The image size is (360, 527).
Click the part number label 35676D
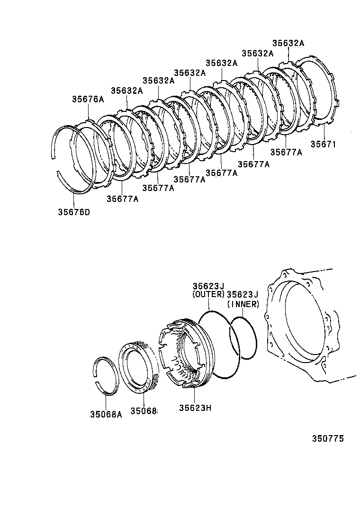click(x=74, y=212)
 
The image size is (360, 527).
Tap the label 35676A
click(x=88, y=99)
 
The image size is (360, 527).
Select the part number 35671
click(x=323, y=144)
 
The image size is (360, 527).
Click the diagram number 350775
click(x=327, y=439)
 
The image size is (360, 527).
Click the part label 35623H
click(x=195, y=408)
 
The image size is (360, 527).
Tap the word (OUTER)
click(x=208, y=295)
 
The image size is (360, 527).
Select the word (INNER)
click(x=243, y=304)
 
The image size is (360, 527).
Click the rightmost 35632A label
click(x=288, y=43)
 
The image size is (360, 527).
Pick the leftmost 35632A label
click(x=127, y=91)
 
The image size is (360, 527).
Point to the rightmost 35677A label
click(x=287, y=152)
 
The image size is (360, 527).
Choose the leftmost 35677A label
click(x=122, y=199)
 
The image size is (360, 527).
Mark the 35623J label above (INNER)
click(x=243, y=295)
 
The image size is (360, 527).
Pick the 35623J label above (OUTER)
click(x=208, y=286)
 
